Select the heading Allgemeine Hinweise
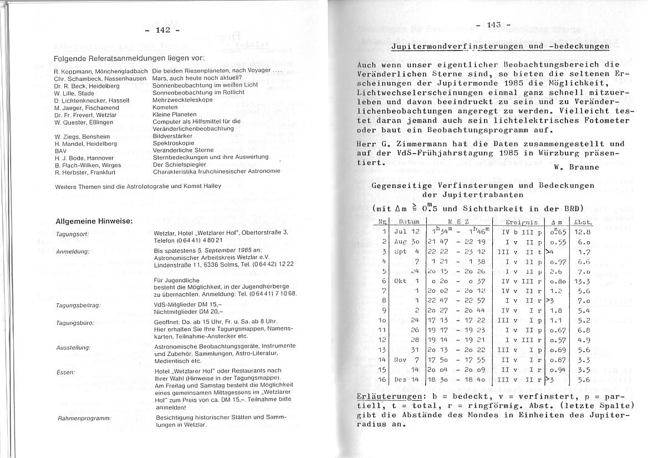(94, 221)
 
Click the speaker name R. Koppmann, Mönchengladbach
(101, 71)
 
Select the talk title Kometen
(165, 107)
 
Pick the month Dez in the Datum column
(400, 380)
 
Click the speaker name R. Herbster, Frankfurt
(85, 172)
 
